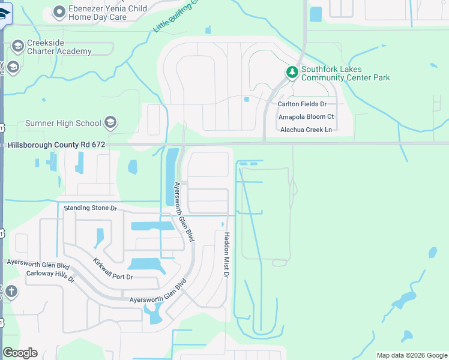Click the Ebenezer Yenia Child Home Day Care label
pyautogui.click(x=98, y=13)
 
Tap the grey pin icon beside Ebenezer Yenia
pyautogui.click(x=59, y=11)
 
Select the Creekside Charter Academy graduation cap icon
pyautogui.click(x=17, y=46)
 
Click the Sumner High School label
pyautogui.click(x=63, y=123)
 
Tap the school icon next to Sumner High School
pyautogui.click(x=110, y=123)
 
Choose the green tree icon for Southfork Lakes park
pyautogui.click(x=292, y=73)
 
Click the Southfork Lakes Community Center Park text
pyautogui.click(x=345, y=73)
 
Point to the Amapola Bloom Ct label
pyautogui.click(x=306, y=116)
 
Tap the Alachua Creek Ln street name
pyautogui.click(x=304, y=130)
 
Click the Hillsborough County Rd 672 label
pyautogui.click(x=56, y=145)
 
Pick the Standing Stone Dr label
pyautogui.click(x=90, y=208)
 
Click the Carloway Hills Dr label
pyautogui.click(x=50, y=276)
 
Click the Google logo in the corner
pyautogui.click(x=20, y=353)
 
